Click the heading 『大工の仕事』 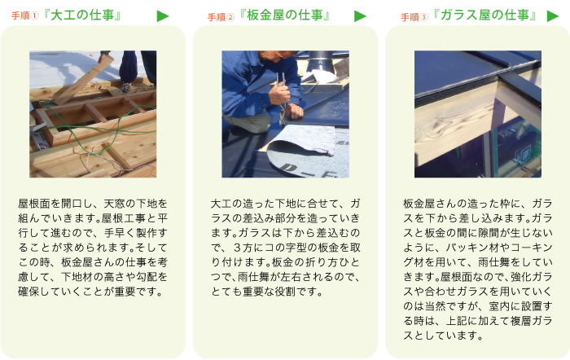tap(82, 15)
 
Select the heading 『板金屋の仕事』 tap(285, 15)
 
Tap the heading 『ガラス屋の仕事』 tap(485, 15)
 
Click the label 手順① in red tap(24, 16)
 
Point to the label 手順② tap(221, 17)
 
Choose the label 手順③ tap(414, 17)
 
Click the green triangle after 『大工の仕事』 tap(163, 16)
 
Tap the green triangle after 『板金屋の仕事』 tap(360, 16)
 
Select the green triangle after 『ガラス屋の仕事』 tap(553, 16)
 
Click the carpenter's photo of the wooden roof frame tap(93, 114)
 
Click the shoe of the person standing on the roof tap(126, 87)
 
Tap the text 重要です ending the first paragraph tap(136, 292)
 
